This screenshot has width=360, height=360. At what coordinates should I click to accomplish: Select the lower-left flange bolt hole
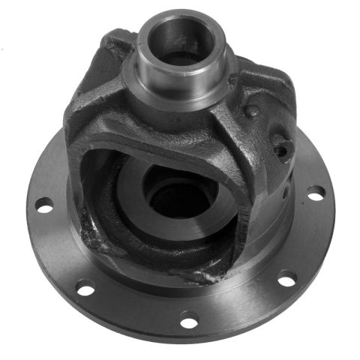[x=85, y=286]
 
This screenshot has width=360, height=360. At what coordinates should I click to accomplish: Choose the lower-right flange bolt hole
[x=286, y=281]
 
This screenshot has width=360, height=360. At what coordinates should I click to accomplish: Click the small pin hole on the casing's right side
[x=280, y=149]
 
